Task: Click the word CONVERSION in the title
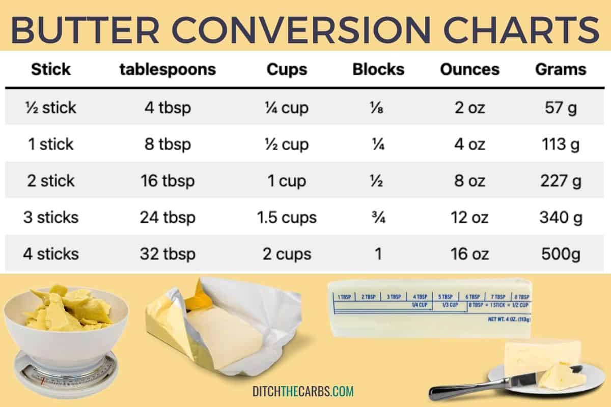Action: coord(301,30)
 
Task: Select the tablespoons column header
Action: coord(168,70)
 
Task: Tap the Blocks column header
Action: coord(378,69)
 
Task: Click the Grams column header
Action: coord(561,69)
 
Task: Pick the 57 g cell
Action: coord(561,107)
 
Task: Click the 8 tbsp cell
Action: coord(168,144)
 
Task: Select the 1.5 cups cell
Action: coord(287,218)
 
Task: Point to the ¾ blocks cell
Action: coord(378,217)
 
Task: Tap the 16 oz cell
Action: coord(469,254)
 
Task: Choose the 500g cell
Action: coord(561,254)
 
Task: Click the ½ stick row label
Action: coord(51,107)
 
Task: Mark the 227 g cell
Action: coord(561,181)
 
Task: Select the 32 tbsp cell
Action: coord(168,254)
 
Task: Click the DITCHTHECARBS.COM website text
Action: coord(303,391)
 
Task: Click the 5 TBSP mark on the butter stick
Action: coord(445,297)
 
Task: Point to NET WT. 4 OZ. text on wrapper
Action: coord(509,319)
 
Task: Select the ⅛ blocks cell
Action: coord(377,107)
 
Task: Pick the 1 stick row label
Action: coord(51,144)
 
